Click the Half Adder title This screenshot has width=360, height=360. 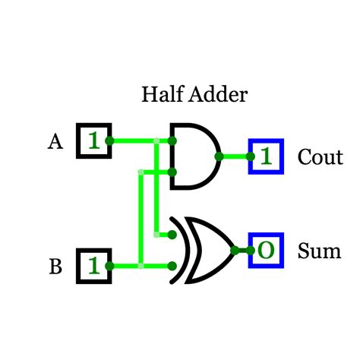[x=194, y=95]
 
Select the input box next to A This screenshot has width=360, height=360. [x=93, y=141]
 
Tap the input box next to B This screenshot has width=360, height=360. [x=93, y=266]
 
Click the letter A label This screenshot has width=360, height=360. [x=55, y=141]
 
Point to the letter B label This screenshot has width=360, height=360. [x=55, y=267]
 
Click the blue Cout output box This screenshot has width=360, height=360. [x=266, y=156]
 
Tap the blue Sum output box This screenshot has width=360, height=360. [x=266, y=250]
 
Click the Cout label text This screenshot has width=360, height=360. [x=320, y=157]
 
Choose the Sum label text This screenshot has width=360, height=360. [x=319, y=251]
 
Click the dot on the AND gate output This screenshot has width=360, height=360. [x=219, y=156]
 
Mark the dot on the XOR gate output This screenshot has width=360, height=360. [x=235, y=250]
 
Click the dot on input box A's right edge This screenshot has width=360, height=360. [x=110, y=141]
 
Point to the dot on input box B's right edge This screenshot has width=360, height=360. [x=110, y=266]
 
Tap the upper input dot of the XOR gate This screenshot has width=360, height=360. [x=174, y=234]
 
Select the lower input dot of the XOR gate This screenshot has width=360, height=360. [x=174, y=266]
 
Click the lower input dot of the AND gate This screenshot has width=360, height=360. [x=174, y=172]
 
